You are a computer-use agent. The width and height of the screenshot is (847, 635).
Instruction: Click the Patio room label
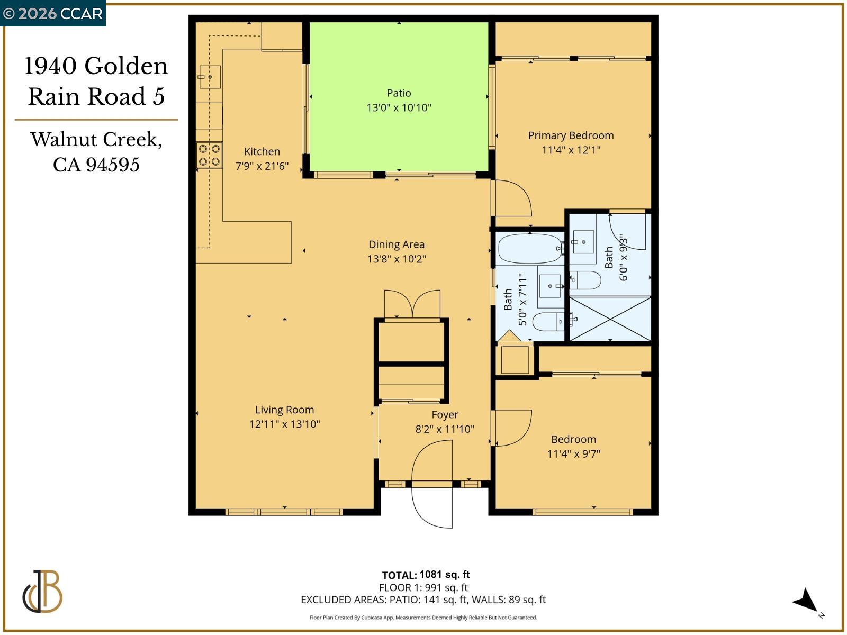click(399, 93)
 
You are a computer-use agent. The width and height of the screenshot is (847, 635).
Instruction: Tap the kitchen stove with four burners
click(209, 155)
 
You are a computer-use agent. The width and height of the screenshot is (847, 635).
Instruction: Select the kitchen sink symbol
click(209, 77)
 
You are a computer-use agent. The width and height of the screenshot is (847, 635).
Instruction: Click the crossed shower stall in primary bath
click(610, 318)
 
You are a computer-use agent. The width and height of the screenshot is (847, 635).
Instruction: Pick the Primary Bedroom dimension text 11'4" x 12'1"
click(571, 150)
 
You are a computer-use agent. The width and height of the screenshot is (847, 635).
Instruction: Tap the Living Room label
click(284, 410)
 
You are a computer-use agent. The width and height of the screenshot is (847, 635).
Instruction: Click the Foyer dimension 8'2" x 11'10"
click(445, 429)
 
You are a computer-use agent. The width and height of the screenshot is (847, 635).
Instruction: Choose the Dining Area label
click(397, 244)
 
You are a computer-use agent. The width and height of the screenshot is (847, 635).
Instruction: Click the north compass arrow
click(806, 602)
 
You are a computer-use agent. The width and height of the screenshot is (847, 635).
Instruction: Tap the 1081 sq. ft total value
click(444, 574)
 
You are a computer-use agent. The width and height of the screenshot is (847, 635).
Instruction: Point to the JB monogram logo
click(42, 591)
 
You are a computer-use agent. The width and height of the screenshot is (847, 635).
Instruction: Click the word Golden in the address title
click(125, 66)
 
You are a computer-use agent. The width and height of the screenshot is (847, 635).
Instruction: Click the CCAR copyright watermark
click(52, 13)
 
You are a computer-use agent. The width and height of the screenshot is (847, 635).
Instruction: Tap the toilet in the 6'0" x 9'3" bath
click(585, 280)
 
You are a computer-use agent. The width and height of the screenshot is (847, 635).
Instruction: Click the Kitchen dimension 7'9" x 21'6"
click(262, 166)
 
